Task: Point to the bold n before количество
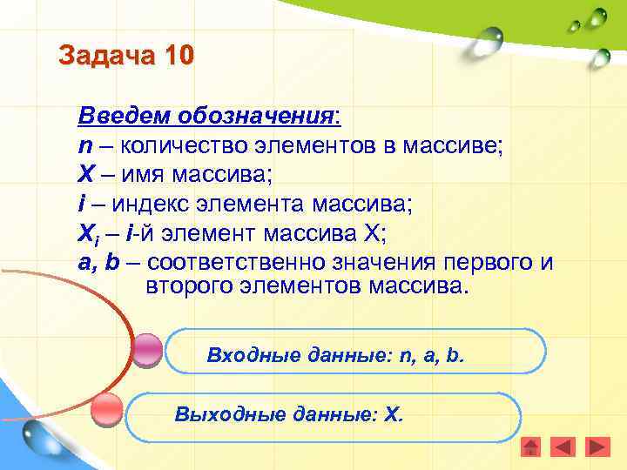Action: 84,145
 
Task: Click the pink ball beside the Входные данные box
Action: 148,350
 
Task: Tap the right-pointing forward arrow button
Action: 597,446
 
